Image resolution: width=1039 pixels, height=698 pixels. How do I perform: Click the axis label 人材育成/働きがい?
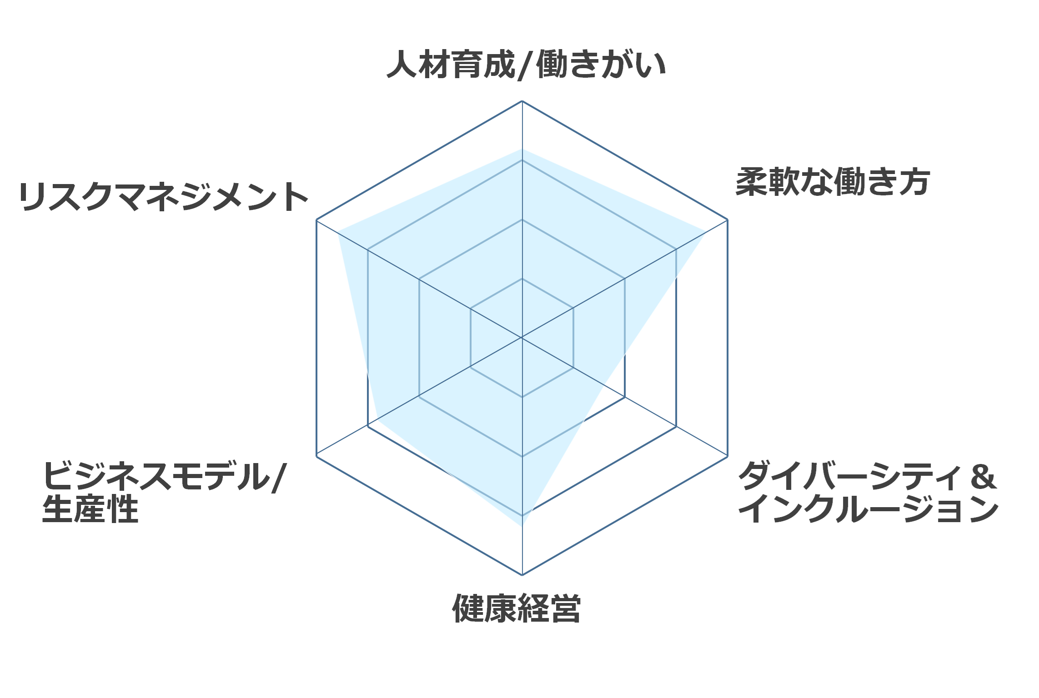pos(526,65)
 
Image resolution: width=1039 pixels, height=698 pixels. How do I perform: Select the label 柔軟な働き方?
pos(833,182)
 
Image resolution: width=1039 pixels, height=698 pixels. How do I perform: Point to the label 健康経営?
pos(517,608)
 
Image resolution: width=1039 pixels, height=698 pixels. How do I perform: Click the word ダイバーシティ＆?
pos(868,476)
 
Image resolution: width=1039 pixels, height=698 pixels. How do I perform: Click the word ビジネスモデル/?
pos(164,476)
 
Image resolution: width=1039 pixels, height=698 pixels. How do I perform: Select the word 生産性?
pos(90,509)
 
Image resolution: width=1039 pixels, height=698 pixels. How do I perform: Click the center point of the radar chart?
pos(522,338)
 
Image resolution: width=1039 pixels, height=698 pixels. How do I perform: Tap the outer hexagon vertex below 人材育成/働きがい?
pos(522,101)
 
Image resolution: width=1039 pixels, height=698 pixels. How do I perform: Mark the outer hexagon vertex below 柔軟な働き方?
pos(728,220)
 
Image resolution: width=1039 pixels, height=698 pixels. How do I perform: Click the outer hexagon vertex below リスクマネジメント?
pos(316,220)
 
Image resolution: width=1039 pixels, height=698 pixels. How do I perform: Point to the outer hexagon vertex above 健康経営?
pos(522,575)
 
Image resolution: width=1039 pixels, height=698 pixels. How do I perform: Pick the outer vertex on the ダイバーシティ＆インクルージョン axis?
pos(728,456)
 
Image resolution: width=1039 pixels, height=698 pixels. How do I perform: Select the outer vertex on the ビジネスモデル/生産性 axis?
pos(316,456)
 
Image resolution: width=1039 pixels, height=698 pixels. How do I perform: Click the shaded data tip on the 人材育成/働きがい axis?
pos(522,149)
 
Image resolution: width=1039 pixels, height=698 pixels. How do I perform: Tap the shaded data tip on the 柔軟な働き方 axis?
pos(705,233)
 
